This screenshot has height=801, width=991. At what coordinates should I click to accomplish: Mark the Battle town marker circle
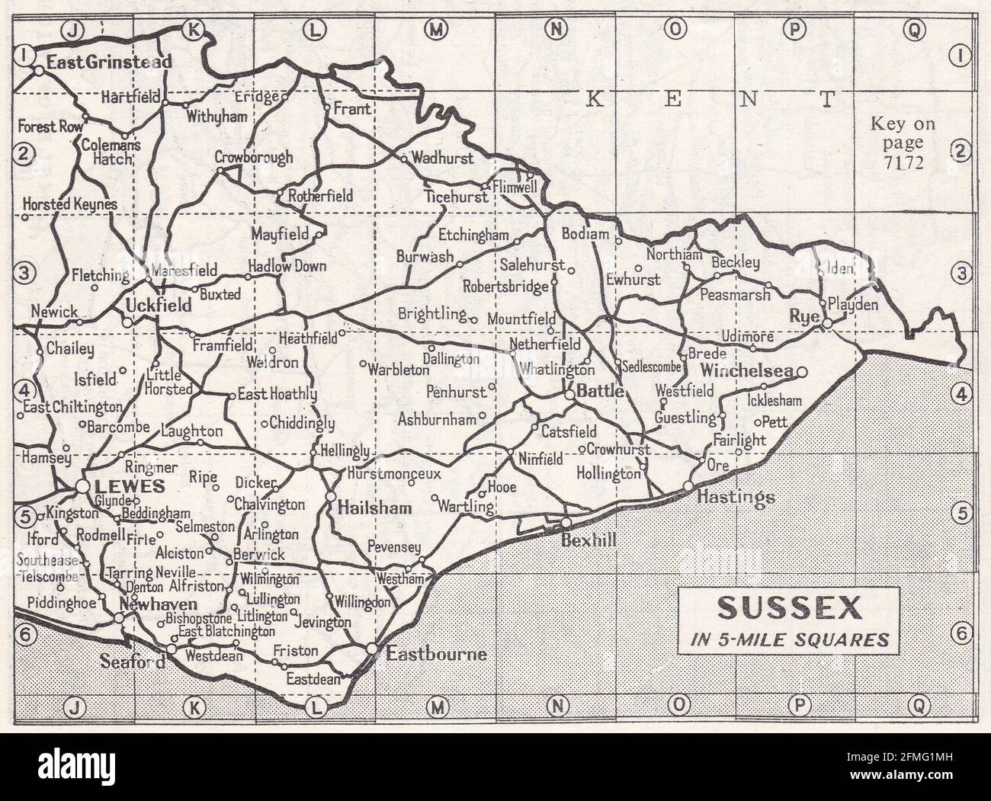[x=569, y=395]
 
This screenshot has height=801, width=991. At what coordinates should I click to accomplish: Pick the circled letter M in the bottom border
[x=437, y=707]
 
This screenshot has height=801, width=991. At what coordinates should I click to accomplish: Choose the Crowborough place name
[x=253, y=158]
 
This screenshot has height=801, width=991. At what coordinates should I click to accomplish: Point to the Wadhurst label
[x=442, y=159]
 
